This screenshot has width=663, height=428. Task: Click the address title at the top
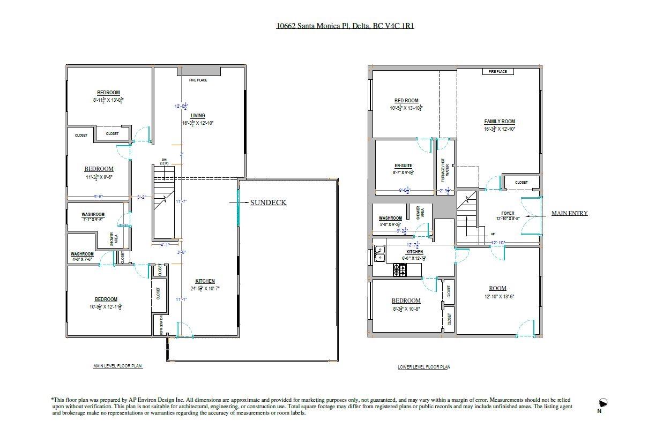[345, 25]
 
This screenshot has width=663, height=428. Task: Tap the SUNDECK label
[268, 202]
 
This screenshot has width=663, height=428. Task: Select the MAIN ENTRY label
[569, 213]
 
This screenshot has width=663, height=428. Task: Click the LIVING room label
[198, 116]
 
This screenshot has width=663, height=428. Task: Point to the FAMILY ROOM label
[499, 122]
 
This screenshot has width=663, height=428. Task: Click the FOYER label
[507, 213]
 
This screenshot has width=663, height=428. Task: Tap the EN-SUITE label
[403, 166]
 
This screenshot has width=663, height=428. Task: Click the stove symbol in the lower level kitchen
[400, 271]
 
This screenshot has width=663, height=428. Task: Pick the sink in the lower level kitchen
[379, 253]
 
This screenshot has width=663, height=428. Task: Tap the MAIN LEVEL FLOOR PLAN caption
[118, 366]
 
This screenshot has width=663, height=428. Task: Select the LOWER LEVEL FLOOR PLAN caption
[423, 367]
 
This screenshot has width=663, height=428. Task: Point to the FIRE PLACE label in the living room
[198, 80]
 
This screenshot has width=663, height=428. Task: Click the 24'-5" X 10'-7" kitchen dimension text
[205, 288]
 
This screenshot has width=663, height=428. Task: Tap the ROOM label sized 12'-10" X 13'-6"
[497, 288]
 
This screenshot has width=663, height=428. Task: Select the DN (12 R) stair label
[164, 161]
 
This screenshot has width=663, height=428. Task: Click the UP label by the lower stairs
[493, 234]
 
